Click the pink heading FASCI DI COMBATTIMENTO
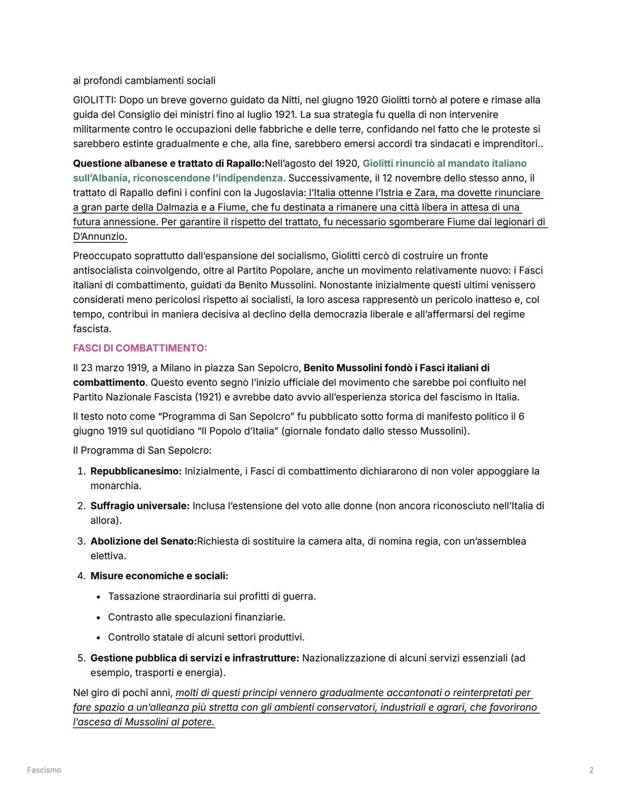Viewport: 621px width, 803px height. point(140,348)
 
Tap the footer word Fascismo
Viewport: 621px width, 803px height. point(44,770)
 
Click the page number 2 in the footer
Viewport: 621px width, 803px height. point(591,770)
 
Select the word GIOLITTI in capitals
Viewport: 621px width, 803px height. point(94,100)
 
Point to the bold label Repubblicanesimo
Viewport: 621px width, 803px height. point(136,471)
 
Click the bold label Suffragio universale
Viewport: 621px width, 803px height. point(140,506)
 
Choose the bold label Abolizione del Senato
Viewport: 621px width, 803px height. point(143,541)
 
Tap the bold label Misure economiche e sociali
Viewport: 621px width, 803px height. point(159,576)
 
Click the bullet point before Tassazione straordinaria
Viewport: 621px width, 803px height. point(99,597)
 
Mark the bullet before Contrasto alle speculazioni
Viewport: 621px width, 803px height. point(99,617)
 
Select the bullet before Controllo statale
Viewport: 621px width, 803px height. point(99,637)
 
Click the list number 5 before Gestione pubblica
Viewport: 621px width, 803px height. point(81,658)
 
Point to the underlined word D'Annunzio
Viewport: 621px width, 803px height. point(99,236)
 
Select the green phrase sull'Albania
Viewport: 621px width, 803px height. point(100,178)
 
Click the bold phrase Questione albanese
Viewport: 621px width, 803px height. point(117,164)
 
